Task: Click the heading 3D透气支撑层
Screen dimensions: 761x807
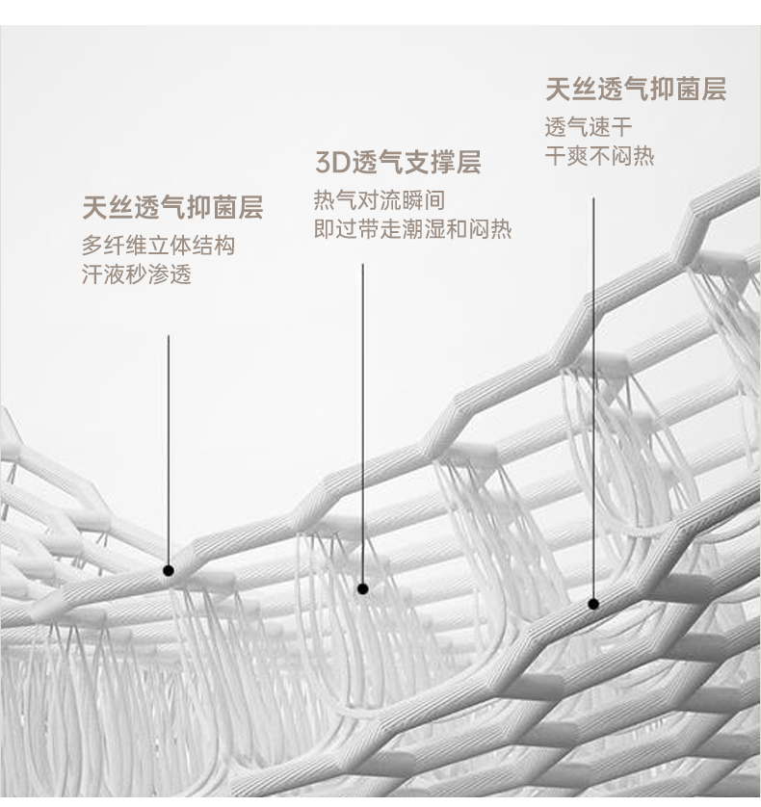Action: click(398, 162)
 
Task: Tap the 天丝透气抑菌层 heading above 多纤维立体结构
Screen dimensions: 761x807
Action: click(172, 208)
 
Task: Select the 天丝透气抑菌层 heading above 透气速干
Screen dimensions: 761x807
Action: click(636, 91)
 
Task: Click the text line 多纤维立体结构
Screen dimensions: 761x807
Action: click(158, 246)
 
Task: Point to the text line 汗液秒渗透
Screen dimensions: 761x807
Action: click(137, 274)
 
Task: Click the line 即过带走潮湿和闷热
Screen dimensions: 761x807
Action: click(412, 230)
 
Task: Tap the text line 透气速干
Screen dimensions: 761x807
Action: click(589, 127)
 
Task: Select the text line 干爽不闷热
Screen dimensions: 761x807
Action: click(599, 156)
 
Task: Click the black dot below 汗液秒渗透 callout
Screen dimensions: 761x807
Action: click(169, 570)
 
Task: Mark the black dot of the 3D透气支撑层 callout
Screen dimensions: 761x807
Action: click(362, 588)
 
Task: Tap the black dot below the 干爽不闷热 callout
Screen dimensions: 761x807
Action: click(593, 604)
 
